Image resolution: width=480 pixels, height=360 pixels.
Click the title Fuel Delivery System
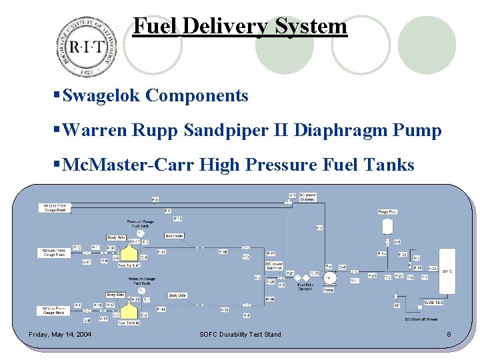(240, 26)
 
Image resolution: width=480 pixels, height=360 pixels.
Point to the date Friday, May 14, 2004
(60, 335)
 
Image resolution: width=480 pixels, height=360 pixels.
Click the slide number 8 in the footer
(449, 335)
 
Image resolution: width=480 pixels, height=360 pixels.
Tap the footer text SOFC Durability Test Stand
(240, 335)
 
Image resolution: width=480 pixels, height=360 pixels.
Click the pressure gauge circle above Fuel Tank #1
(141, 233)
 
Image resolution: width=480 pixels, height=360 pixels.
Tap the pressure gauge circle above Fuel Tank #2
(141, 291)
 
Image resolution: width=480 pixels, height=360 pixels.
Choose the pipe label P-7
(319, 228)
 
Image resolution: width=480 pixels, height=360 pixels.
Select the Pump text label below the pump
(329, 290)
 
